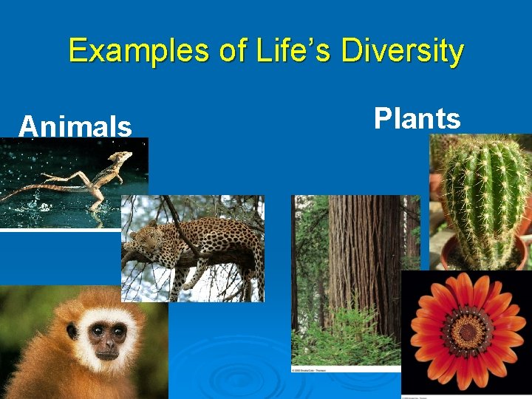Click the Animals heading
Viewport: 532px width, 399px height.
pyautogui.click(x=75, y=126)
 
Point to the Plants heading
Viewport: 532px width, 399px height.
pyautogui.click(x=417, y=118)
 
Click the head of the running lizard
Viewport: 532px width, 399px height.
pyautogui.click(x=122, y=157)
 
